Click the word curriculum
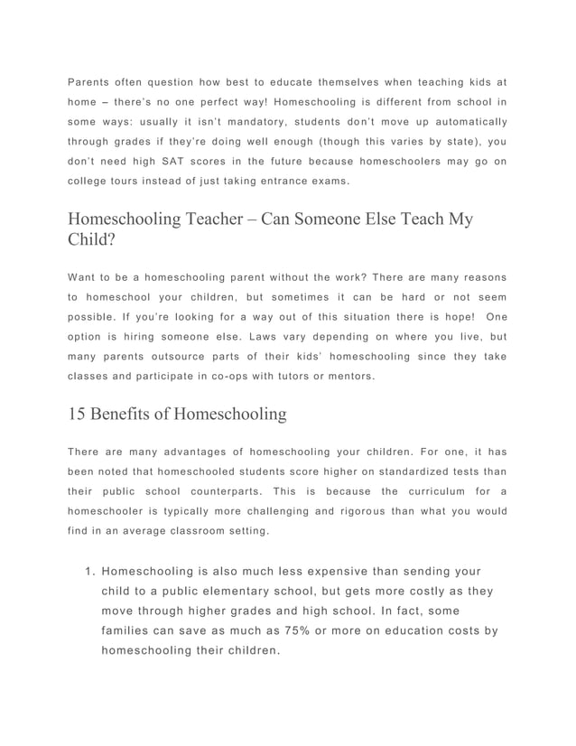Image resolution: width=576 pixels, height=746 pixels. [432, 490]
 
